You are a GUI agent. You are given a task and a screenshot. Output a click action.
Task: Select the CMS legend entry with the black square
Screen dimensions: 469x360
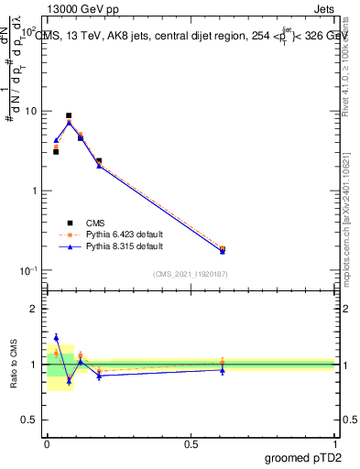[x=95, y=222]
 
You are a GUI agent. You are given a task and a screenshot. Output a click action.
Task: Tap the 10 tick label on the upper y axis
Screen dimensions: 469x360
[x=31, y=111]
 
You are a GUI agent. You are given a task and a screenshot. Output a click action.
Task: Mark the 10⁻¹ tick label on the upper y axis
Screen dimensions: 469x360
[x=29, y=270]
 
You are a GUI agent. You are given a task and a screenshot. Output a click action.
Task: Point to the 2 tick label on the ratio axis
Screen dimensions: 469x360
[x=36, y=309]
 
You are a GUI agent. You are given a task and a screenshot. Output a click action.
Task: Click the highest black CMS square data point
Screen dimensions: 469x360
[x=69, y=116]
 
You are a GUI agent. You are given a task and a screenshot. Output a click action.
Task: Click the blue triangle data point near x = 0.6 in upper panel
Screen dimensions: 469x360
[x=223, y=250]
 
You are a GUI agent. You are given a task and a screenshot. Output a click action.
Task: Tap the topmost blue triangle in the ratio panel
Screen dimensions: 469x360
[x=56, y=337]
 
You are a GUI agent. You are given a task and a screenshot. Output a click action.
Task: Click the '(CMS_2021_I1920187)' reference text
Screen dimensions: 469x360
[x=190, y=273]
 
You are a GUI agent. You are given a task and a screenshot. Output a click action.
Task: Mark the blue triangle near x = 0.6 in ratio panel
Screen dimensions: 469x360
[x=223, y=369]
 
